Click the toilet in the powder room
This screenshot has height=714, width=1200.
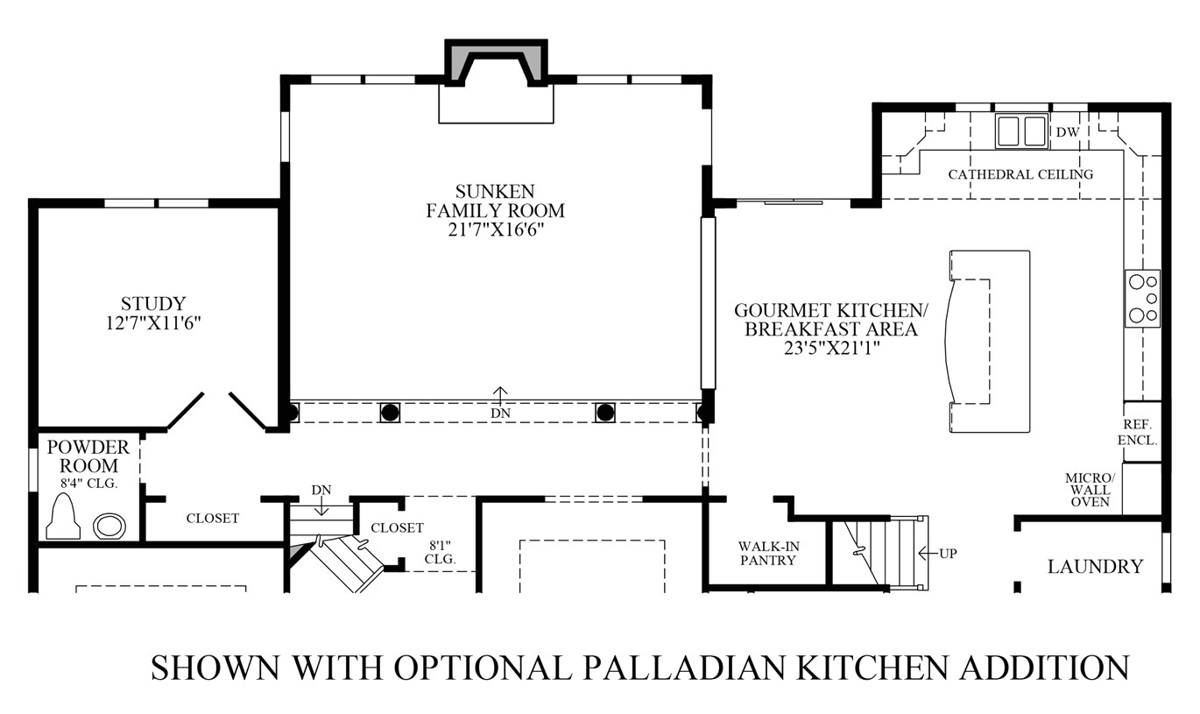click(x=63, y=516)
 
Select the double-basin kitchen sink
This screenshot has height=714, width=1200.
click(x=1021, y=131)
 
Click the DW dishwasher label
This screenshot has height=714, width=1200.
click(x=1068, y=131)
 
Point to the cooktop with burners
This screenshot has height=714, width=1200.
click(x=1142, y=299)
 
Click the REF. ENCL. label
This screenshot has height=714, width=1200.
click(x=1137, y=432)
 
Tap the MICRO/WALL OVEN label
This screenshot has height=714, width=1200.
click(x=1090, y=490)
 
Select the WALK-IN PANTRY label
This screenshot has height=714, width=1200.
click(x=768, y=554)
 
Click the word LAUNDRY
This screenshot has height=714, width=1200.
click(x=1095, y=567)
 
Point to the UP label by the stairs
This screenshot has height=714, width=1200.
click(x=948, y=554)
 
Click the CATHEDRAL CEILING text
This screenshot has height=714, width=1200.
click(x=1020, y=174)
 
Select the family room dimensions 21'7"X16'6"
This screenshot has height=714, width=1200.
click(x=496, y=230)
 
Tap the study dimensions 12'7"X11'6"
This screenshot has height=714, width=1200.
click(x=153, y=323)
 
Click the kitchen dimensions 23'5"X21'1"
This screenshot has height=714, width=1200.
click(x=832, y=348)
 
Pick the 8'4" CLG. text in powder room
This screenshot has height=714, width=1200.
click(x=88, y=483)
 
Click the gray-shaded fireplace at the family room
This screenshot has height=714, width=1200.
click(x=496, y=62)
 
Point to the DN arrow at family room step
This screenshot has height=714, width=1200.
click(x=500, y=396)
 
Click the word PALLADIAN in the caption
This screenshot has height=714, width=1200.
click(x=683, y=668)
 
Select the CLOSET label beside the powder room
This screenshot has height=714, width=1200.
click(x=213, y=518)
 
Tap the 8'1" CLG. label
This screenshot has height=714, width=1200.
click(x=440, y=552)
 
